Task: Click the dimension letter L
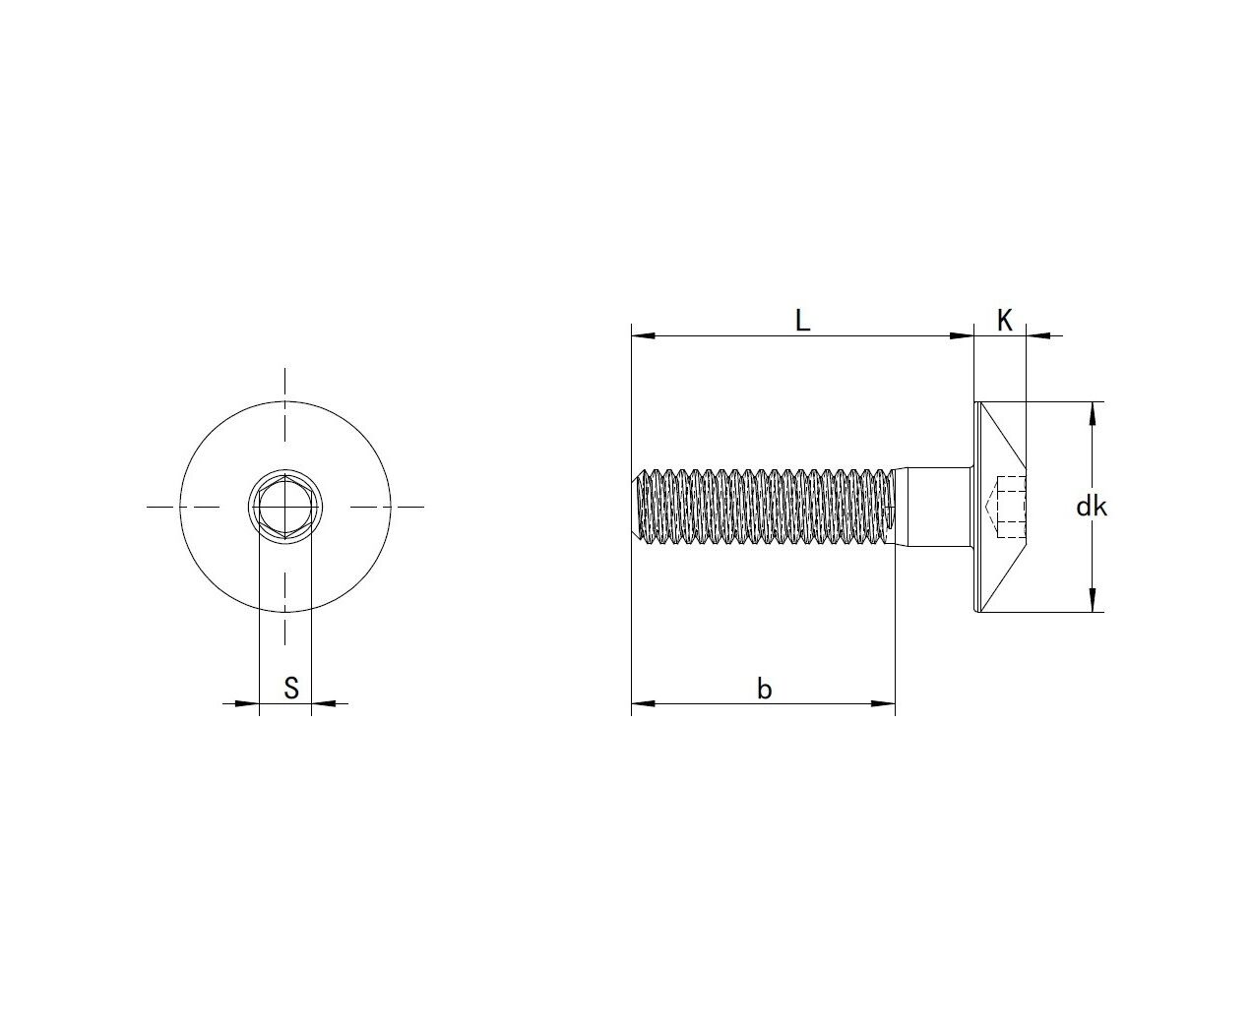[x=802, y=321]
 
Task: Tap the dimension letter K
[x=1004, y=321]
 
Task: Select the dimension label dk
[x=1092, y=507]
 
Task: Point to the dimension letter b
[x=764, y=689]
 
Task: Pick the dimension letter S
[x=291, y=688]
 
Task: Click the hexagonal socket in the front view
[x=285, y=507]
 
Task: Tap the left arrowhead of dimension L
[x=643, y=336]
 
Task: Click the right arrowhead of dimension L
[x=962, y=336]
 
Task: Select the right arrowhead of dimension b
[x=883, y=704]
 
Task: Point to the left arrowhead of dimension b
[x=643, y=704]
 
